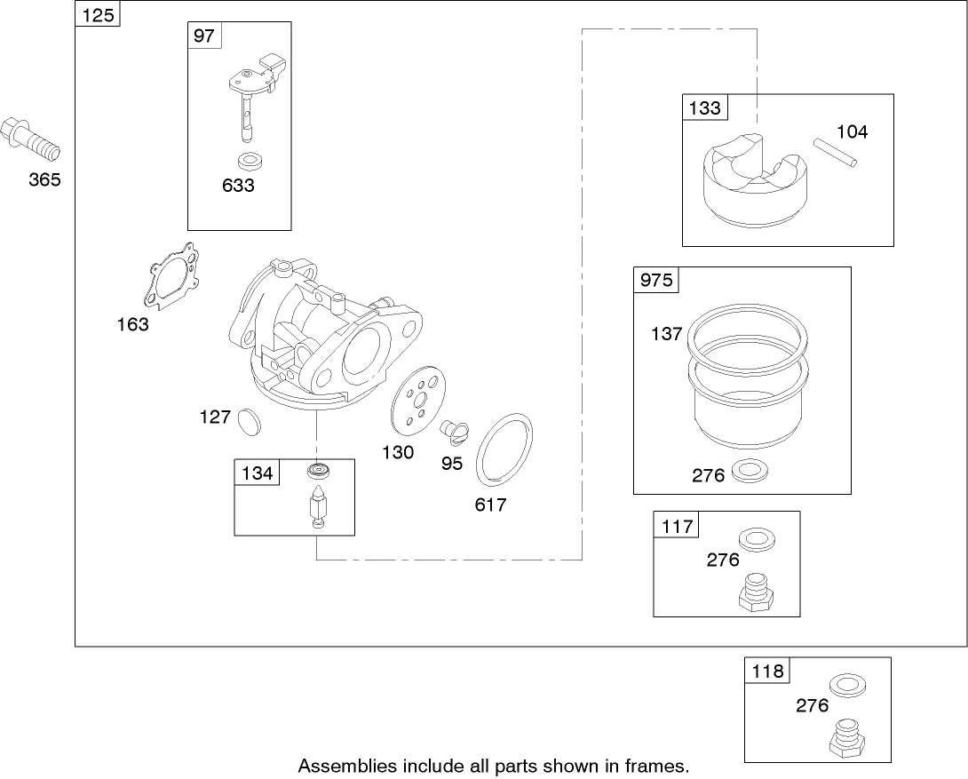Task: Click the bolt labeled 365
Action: point(30,137)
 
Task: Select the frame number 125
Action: point(98,15)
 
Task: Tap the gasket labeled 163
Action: point(172,278)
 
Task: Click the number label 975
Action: point(655,281)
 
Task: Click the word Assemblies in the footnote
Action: point(338,765)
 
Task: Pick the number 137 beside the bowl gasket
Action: point(666,334)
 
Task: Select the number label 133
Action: point(704,108)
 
